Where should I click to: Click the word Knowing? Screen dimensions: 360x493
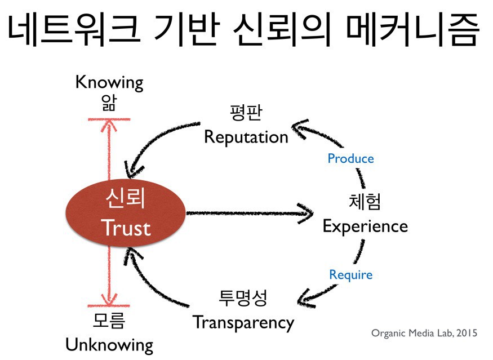pyautogui.click(x=109, y=82)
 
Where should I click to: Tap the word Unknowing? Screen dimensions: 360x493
pyautogui.click(x=109, y=344)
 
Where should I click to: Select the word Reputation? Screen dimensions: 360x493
pyautogui.click(x=246, y=137)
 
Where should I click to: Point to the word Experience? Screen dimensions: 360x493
pyautogui.click(x=365, y=226)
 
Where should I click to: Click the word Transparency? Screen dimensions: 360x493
pyautogui.click(x=243, y=322)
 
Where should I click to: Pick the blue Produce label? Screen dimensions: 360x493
pyautogui.click(x=350, y=158)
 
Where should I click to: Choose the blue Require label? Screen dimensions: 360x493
pyautogui.click(x=350, y=275)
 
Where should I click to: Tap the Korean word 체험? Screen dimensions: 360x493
pyautogui.click(x=365, y=202)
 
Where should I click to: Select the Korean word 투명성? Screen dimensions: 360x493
pyautogui.click(x=243, y=297)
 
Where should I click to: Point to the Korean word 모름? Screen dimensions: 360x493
pyautogui.click(x=109, y=321)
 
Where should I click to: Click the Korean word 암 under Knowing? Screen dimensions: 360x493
pyautogui.click(x=109, y=104)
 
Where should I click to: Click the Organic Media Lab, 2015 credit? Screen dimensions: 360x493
pyautogui.click(x=424, y=333)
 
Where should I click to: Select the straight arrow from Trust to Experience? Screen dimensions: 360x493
pyautogui.click(x=248, y=213)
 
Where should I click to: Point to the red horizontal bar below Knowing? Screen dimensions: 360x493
pyautogui.click(x=109, y=119)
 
